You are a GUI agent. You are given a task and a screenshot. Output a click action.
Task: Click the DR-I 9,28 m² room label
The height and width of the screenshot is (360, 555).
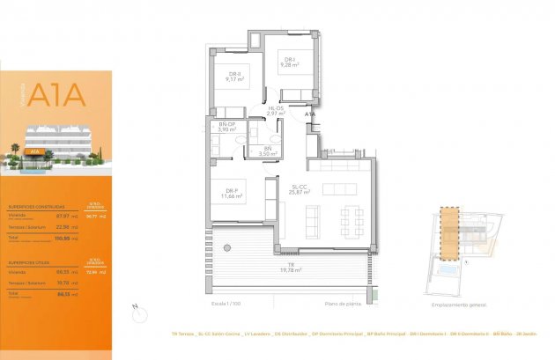(288, 62)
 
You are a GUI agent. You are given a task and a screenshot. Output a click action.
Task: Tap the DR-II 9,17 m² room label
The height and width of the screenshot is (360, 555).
(234, 77)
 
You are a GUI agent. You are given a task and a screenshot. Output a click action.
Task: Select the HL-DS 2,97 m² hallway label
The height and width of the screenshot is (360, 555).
(276, 111)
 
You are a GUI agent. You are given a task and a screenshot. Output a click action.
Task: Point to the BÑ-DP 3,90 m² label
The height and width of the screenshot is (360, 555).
(227, 127)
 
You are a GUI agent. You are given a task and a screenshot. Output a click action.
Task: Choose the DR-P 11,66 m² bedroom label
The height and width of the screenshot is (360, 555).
(233, 194)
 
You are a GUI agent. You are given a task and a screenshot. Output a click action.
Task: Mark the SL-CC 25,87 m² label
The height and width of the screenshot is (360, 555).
(300, 189)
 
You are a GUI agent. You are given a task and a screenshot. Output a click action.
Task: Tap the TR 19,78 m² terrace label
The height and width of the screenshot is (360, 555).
(291, 268)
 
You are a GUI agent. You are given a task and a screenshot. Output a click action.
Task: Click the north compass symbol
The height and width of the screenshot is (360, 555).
(134, 309)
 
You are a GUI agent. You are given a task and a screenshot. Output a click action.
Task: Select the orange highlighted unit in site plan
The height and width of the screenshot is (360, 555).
(450, 234)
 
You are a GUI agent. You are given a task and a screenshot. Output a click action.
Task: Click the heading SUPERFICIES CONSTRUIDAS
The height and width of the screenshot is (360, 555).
(33, 206)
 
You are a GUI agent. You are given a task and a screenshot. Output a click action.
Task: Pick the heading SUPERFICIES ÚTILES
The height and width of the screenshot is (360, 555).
(28, 262)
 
